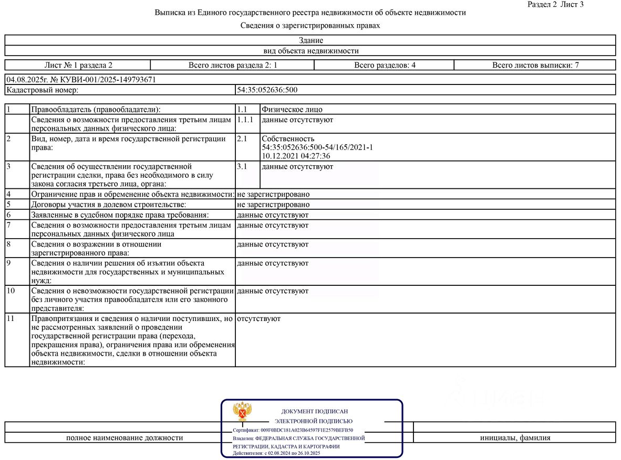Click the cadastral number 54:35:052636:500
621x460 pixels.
(267, 90)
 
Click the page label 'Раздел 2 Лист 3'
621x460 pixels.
(555, 4)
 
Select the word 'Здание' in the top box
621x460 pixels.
(311, 40)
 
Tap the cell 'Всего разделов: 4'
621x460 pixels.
(385, 65)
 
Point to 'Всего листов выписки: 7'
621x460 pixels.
(535, 65)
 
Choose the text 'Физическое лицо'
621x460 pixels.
(292, 110)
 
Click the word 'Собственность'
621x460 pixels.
(288, 139)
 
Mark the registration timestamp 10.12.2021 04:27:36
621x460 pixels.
(296, 156)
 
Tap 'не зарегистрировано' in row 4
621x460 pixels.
(273, 194)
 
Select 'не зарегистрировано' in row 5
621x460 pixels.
(273, 205)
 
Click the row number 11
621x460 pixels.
(11, 318)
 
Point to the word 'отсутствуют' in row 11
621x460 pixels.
(258, 318)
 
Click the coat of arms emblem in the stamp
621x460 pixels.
(242, 412)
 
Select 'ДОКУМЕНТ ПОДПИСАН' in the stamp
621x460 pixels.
(315, 412)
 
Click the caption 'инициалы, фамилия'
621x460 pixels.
(515, 437)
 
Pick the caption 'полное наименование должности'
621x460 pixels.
(125, 437)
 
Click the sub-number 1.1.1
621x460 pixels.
(245, 120)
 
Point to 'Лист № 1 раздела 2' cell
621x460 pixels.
(78, 65)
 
